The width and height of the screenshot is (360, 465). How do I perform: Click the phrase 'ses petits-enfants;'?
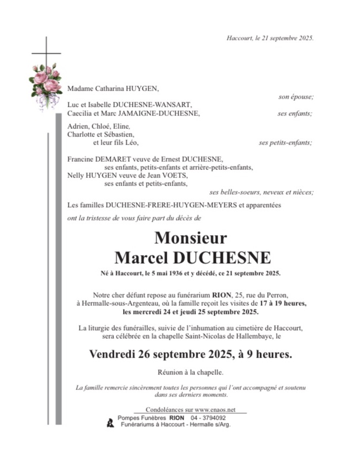click(x=286, y=143)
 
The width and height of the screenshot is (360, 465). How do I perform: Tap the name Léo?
click(x=131, y=143)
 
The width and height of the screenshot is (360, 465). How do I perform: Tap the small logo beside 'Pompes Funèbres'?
click(x=110, y=423)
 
